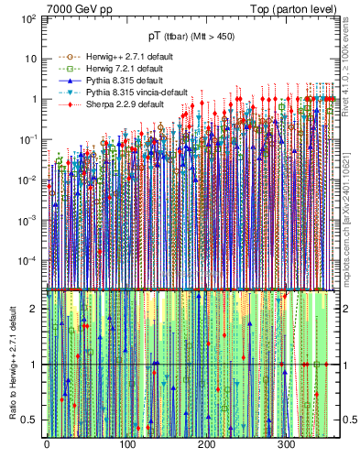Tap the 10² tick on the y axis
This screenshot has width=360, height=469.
[x=28, y=18]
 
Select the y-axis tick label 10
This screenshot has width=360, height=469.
[x=30, y=59]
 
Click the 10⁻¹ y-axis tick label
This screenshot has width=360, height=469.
[x=28, y=139]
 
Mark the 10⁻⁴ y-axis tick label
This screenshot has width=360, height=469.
[x=28, y=260]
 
